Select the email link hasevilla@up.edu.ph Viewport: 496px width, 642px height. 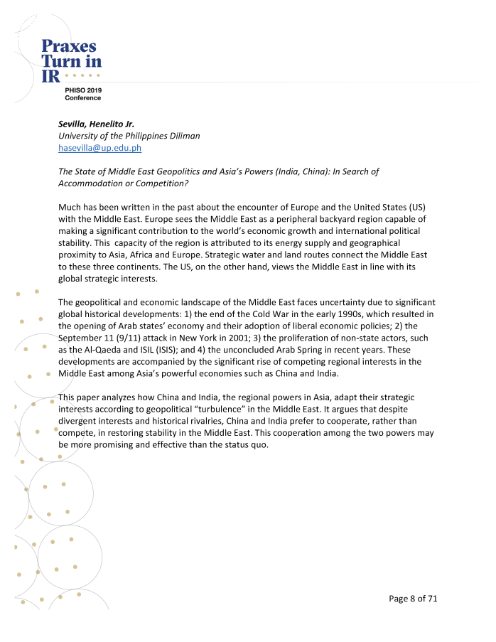tap(100, 148)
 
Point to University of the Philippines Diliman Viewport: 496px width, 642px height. tap(129, 136)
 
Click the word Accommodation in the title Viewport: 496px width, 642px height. tap(90, 183)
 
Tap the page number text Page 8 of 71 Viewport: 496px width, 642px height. tap(413, 599)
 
